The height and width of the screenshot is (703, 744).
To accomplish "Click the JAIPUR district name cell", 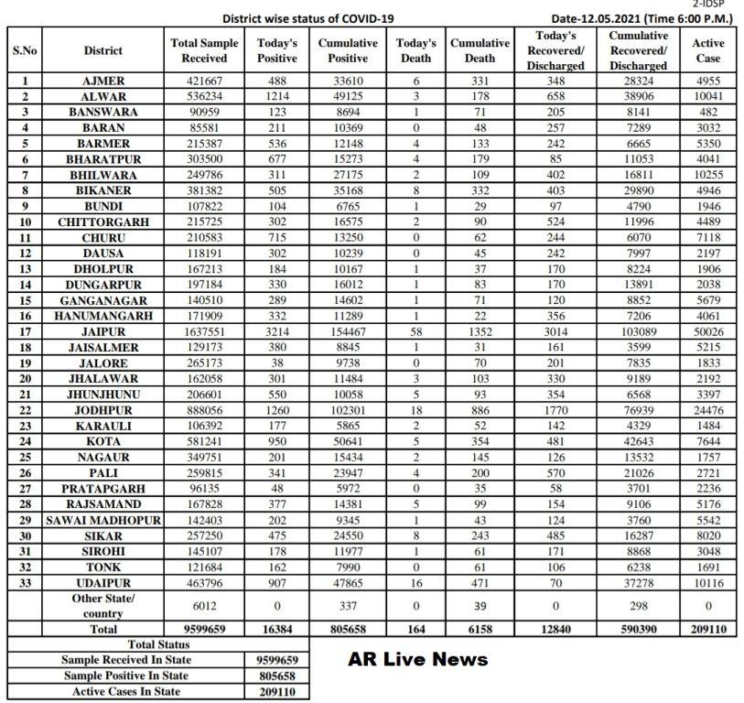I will (102, 331).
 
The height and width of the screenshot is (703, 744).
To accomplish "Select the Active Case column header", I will (708, 50).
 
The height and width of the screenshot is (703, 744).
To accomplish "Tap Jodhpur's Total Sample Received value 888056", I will (204, 409).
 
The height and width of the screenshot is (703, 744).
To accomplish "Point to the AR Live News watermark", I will (418, 660).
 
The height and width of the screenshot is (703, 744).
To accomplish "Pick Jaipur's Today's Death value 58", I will (416, 331).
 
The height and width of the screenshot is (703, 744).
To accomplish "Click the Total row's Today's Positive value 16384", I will (277, 630).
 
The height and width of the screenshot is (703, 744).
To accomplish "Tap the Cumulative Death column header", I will (480, 50).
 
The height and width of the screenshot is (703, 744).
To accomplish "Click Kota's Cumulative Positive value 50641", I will (348, 440).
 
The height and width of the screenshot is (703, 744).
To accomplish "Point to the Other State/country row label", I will (102, 605).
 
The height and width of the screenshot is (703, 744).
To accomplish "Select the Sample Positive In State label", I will (125, 676).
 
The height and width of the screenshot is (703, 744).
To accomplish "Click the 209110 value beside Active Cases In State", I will (277, 691).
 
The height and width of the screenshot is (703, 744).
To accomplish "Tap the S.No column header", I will (25, 50).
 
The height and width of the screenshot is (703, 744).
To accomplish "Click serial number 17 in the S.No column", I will (25, 331).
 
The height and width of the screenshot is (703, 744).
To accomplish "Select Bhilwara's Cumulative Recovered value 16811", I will (638, 175).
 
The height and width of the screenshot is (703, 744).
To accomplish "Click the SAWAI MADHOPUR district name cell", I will (102, 518).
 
